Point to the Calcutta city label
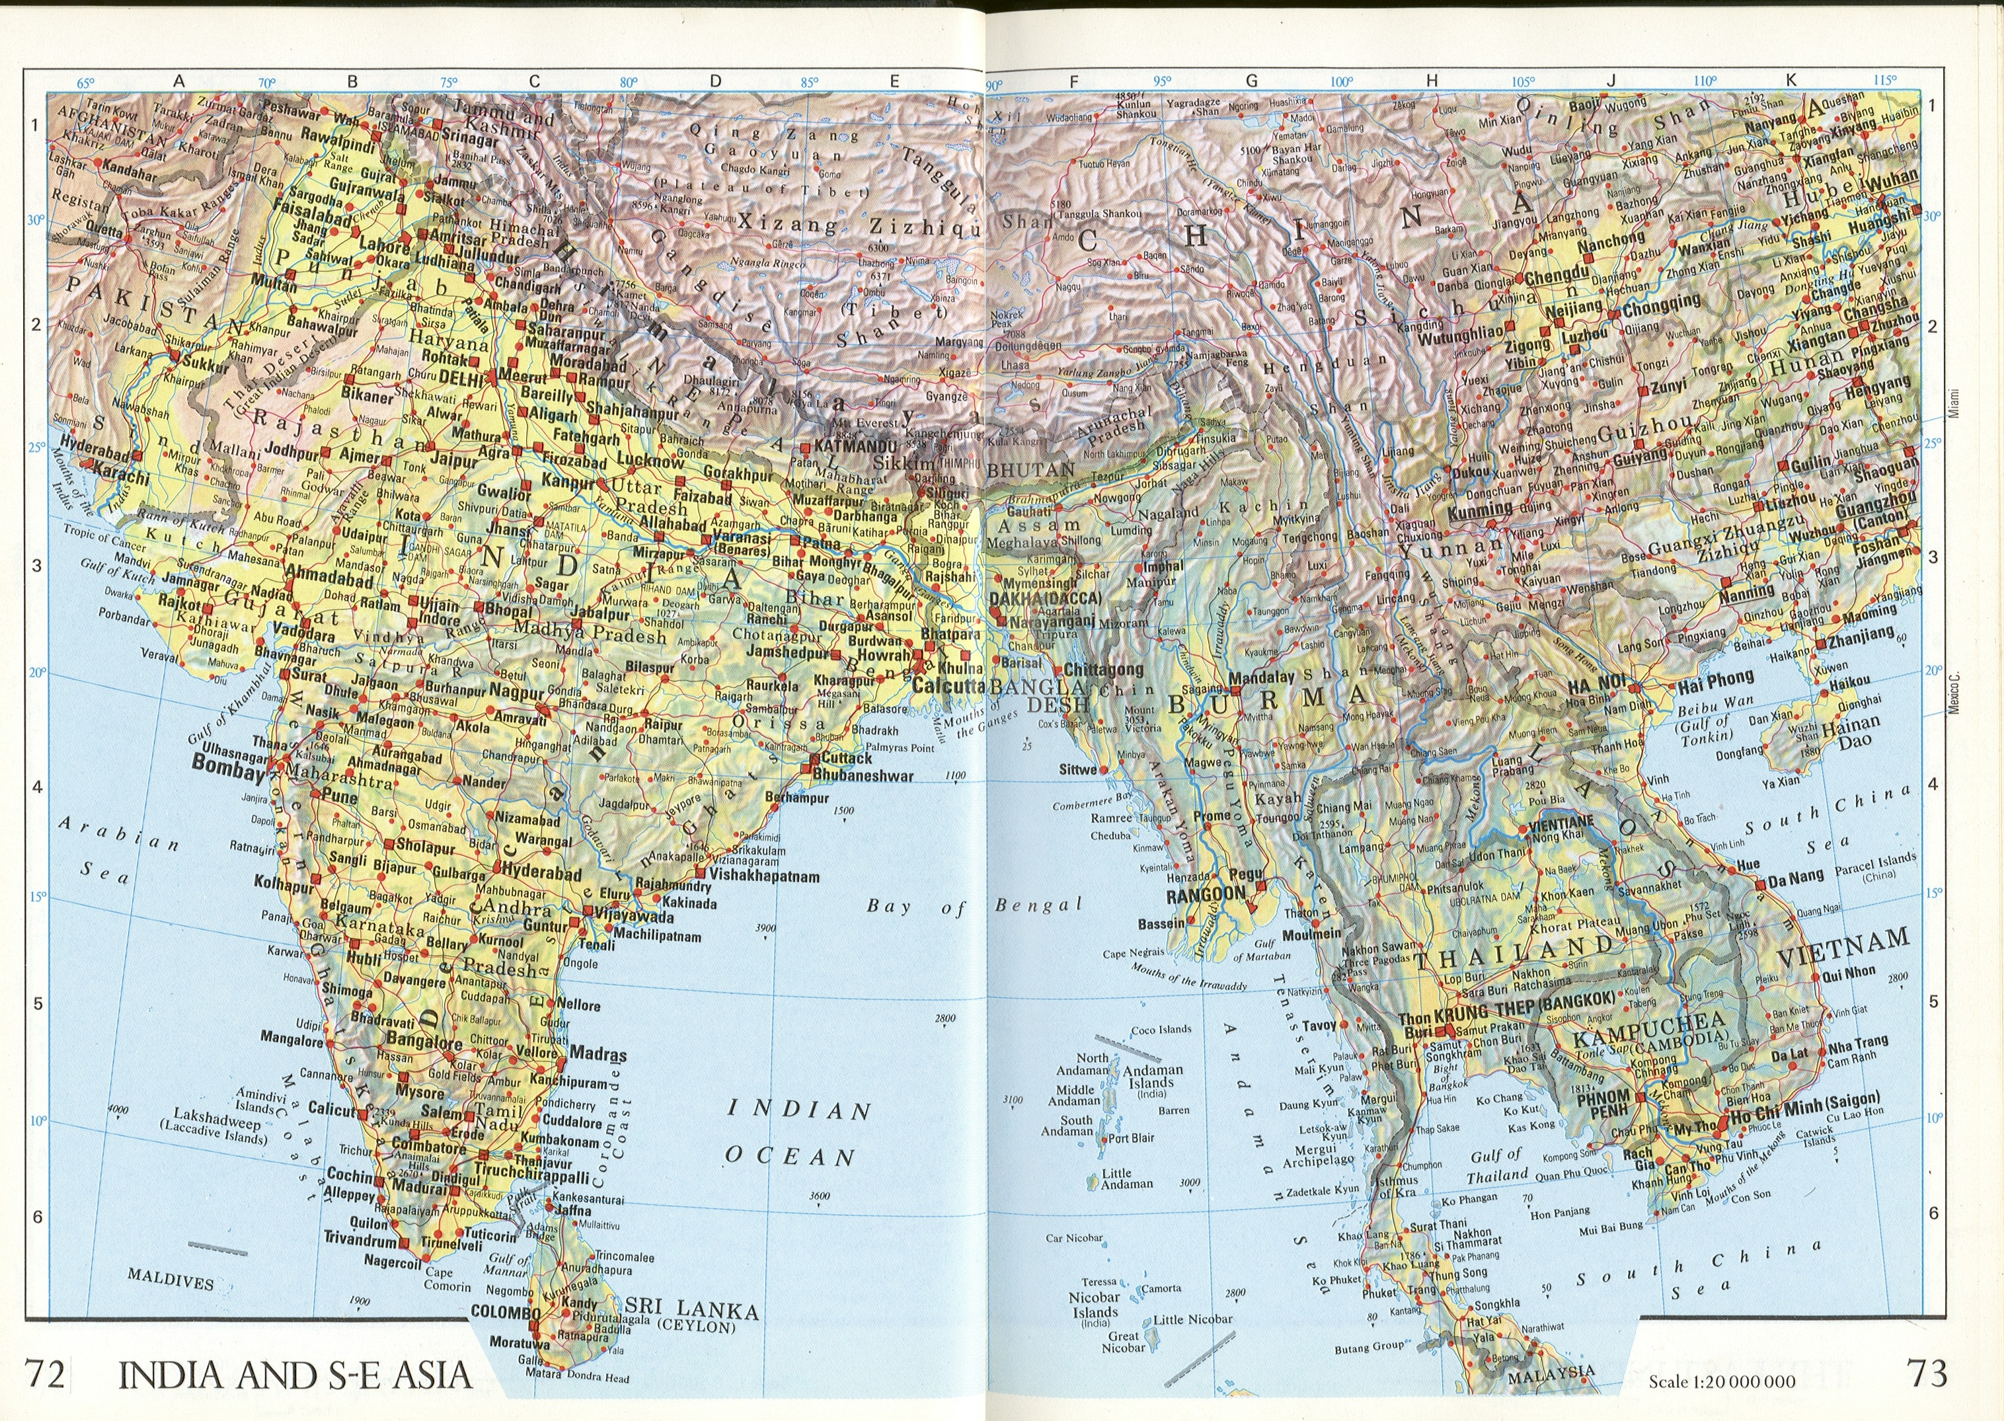pyautogui.click(x=948, y=685)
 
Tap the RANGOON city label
pyautogui.click(x=1205, y=894)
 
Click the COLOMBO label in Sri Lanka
pyautogui.click(x=505, y=1313)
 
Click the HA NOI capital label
pyautogui.click(x=1596, y=683)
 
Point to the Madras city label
pyautogui.click(x=597, y=1054)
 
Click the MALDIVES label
pyautogui.click(x=170, y=1280)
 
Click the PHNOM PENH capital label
pyautogui.click(x=1603, y=1103)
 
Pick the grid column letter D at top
pyautogui.click(x=715, y=81)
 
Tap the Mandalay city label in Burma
pyautogui.click(x=1261, y=677)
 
